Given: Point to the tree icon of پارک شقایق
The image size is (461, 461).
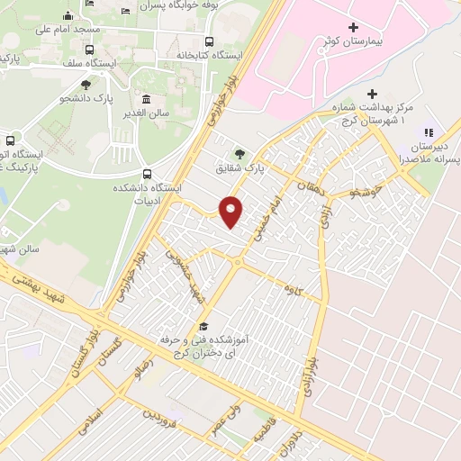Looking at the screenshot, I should pyautogui.click(x=239, y=153).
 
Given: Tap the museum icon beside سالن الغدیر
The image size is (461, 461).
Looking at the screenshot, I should pyautogui.click(x=146, y=98).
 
